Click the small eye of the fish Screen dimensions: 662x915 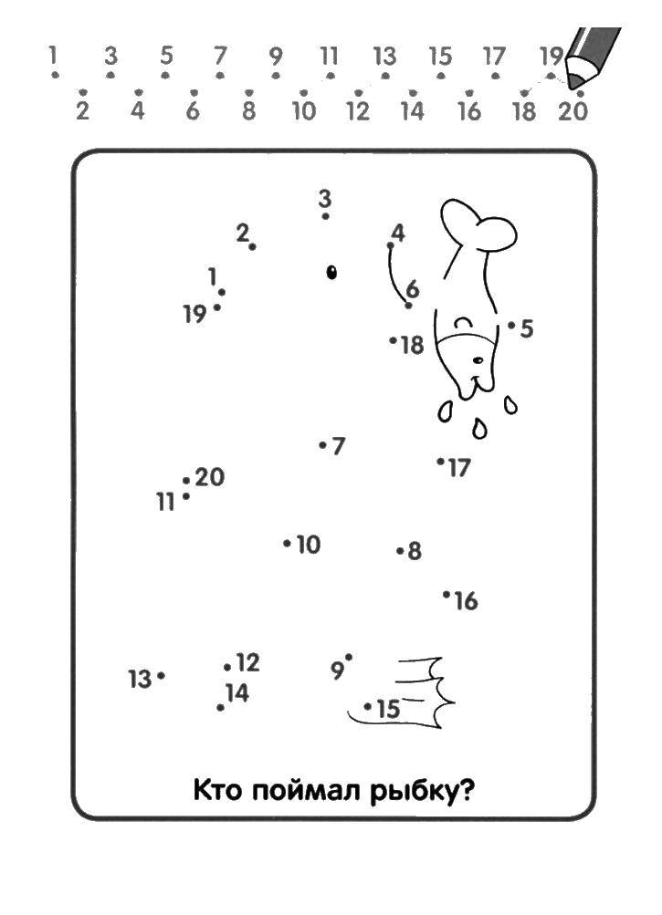(x=478, y=360)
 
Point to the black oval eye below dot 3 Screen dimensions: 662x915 (x=331, y=272)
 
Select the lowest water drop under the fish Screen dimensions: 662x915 (x=479, y=429)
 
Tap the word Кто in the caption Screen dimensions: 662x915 (x=216, y=791)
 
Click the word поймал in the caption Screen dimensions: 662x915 (x=304, y=791)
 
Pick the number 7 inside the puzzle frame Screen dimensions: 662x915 (x=338, y=446)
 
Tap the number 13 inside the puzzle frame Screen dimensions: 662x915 (x=140, y=680)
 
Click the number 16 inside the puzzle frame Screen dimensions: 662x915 (x=466, y=600)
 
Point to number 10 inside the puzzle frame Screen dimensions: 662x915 (x=309, y=545)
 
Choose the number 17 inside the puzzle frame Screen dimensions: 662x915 (x=458, y=467)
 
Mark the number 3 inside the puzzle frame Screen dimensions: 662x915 (x=325, y=198)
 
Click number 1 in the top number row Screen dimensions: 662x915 (x=53, y=56)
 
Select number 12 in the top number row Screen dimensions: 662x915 (x=358, y=110)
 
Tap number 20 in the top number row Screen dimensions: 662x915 (x=573, y=110)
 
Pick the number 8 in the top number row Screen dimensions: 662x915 (x=249, y=110)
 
